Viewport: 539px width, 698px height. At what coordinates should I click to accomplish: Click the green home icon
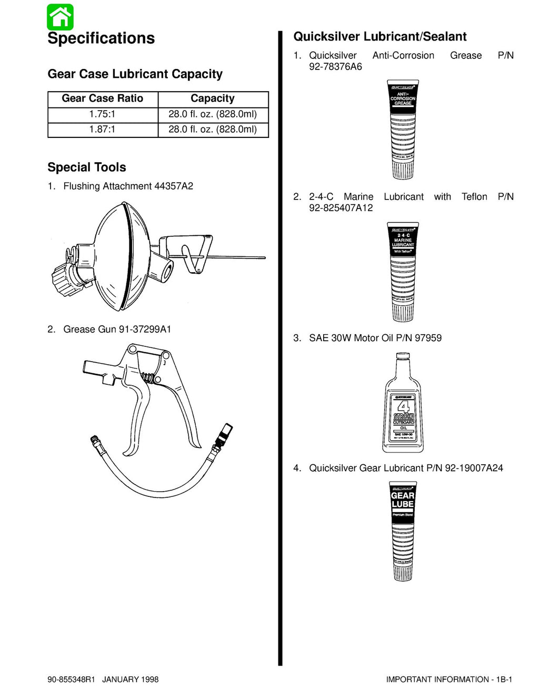pos(60,17)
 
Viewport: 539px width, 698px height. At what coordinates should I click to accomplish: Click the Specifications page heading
pos(101,38)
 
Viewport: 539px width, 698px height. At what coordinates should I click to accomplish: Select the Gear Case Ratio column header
pos(103,98)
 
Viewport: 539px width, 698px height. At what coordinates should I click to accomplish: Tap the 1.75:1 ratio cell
pos(103,114)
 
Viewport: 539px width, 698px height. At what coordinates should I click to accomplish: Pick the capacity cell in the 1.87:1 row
pos(213,129)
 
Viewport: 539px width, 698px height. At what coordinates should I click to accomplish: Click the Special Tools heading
pos(87,167)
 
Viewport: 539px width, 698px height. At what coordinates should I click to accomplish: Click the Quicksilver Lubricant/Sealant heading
pos(380,37)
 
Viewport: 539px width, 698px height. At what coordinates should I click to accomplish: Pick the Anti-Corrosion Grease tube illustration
pos(403,129)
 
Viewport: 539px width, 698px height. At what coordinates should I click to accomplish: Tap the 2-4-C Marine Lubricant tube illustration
pos(403,272)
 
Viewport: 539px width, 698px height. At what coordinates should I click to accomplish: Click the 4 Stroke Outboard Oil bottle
pos(403,405)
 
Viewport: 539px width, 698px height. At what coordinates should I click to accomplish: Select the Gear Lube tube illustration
pos(403,531)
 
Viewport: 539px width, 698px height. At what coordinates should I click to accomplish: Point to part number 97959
pos(428,338)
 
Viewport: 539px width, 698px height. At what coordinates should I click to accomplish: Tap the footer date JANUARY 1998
pos(130,680)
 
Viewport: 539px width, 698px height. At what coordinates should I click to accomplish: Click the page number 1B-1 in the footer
pos(504,680)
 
